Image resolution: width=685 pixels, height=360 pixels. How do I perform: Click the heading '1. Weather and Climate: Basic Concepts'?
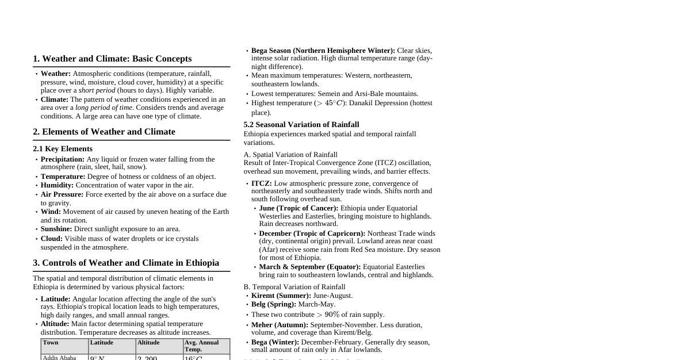[112, 59]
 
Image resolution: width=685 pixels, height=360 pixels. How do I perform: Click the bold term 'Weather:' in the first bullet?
[56, 74]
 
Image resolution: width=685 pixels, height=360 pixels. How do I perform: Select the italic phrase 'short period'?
[97, 90]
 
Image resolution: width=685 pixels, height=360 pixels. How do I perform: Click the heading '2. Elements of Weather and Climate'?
[104, 132]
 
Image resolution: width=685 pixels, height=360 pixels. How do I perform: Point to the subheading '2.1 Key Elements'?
[63, 149]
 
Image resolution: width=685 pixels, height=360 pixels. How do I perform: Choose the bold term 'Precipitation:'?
[63, 159]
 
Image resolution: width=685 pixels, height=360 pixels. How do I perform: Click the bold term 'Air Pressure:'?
[62, 194]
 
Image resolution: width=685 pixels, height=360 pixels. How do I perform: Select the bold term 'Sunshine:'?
[56, 229]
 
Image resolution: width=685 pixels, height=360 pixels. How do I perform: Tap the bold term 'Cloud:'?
[52, 239]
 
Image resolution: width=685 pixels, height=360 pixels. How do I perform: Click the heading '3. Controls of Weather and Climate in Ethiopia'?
[126, 263]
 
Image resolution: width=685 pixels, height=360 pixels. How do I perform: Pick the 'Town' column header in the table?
[51, 343]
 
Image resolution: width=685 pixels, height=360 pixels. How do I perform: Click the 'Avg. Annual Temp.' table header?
[201, 346]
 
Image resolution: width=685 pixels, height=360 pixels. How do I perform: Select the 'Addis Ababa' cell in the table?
[59, 358]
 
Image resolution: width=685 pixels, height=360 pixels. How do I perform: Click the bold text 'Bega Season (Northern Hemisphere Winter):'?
[323, 51]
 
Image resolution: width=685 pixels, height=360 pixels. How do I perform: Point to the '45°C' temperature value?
[334, 104]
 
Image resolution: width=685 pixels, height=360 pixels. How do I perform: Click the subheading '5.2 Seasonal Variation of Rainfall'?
[301, 125]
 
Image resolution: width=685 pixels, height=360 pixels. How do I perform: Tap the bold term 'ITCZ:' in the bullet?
[262, 183]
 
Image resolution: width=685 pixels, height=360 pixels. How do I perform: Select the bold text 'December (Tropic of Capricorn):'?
[312, 233]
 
